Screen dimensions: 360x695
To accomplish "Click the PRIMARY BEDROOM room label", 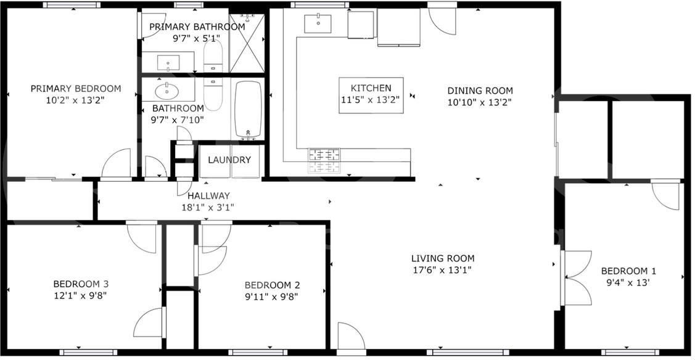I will click(x=76, y=89).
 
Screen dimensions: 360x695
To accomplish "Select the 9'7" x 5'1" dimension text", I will click(x=197, y=38).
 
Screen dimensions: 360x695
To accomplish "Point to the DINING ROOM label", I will click(x=480, y=91).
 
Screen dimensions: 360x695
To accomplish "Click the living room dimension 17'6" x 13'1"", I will click(x=443, y=270).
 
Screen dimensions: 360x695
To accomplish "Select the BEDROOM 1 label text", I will click(x=628, y=271).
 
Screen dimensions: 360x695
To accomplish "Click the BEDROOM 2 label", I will click(x=272, y=285).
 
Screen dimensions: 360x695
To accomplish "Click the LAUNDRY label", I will click(x=229, y=160).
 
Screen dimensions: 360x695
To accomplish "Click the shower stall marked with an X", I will click(x=247, y=43).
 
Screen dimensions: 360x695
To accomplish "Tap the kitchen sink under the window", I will click(x=318, y=24).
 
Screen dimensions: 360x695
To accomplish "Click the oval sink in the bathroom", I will click(x=167, y=92).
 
